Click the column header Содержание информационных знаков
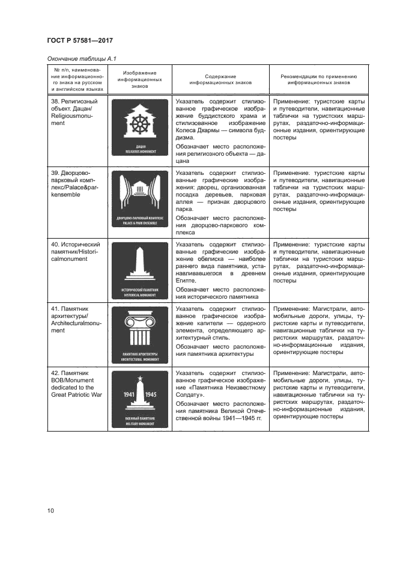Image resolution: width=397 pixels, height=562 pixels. (220, 81)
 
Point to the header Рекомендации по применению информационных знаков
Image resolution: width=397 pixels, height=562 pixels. (319, 81)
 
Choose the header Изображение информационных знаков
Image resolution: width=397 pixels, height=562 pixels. (139, 80)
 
